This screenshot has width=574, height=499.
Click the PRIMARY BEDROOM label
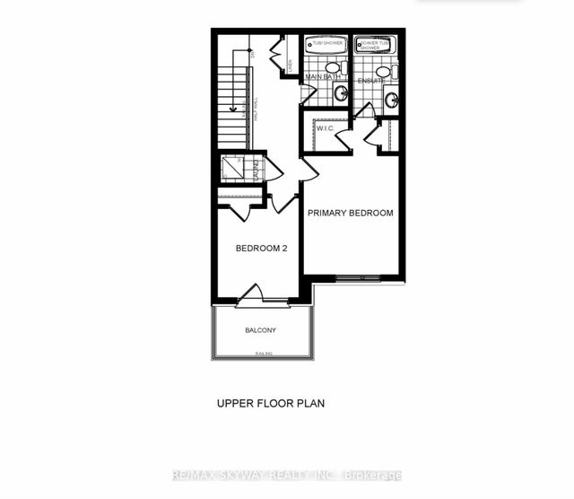[351, 213]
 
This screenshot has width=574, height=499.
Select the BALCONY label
[261, 330]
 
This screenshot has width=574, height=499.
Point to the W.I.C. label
[325, 128]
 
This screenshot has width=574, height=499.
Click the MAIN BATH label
[324, 79]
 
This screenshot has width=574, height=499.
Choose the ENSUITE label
[370, 80]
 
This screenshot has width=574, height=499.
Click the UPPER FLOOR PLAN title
[270, 404]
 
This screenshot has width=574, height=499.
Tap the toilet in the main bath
[333, 67]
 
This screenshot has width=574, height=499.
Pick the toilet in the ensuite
[383, 71]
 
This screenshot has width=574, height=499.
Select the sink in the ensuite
[392, 96]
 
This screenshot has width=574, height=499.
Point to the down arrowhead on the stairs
[232, 110]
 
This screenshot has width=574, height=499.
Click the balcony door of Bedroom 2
[255, 294]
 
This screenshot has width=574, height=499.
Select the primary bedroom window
[363, 276]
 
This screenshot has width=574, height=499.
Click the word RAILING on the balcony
[264, 355]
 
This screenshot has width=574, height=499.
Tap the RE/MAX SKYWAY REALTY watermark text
[287, 475]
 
